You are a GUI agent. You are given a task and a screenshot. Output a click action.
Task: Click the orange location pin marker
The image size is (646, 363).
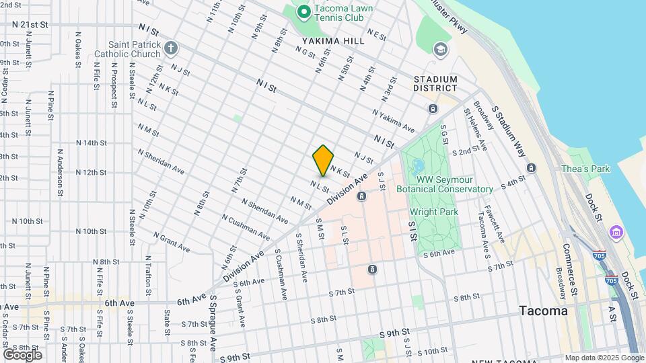323,160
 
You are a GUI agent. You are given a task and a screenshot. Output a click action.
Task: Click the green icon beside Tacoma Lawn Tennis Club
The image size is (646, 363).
303,11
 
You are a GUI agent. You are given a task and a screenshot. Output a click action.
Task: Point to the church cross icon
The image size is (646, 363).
171,48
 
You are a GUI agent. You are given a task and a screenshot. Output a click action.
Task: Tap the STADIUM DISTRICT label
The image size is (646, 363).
435,83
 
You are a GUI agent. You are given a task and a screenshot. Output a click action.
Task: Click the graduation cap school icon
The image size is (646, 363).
441,48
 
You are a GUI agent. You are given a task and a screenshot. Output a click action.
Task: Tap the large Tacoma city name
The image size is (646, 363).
543,311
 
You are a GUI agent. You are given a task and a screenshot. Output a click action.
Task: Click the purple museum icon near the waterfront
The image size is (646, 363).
616,232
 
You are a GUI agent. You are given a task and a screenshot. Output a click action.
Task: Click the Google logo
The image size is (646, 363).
22,354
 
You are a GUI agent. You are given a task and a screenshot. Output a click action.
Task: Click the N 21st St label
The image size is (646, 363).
30,24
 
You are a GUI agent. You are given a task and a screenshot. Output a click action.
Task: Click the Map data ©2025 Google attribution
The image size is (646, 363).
604,358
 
